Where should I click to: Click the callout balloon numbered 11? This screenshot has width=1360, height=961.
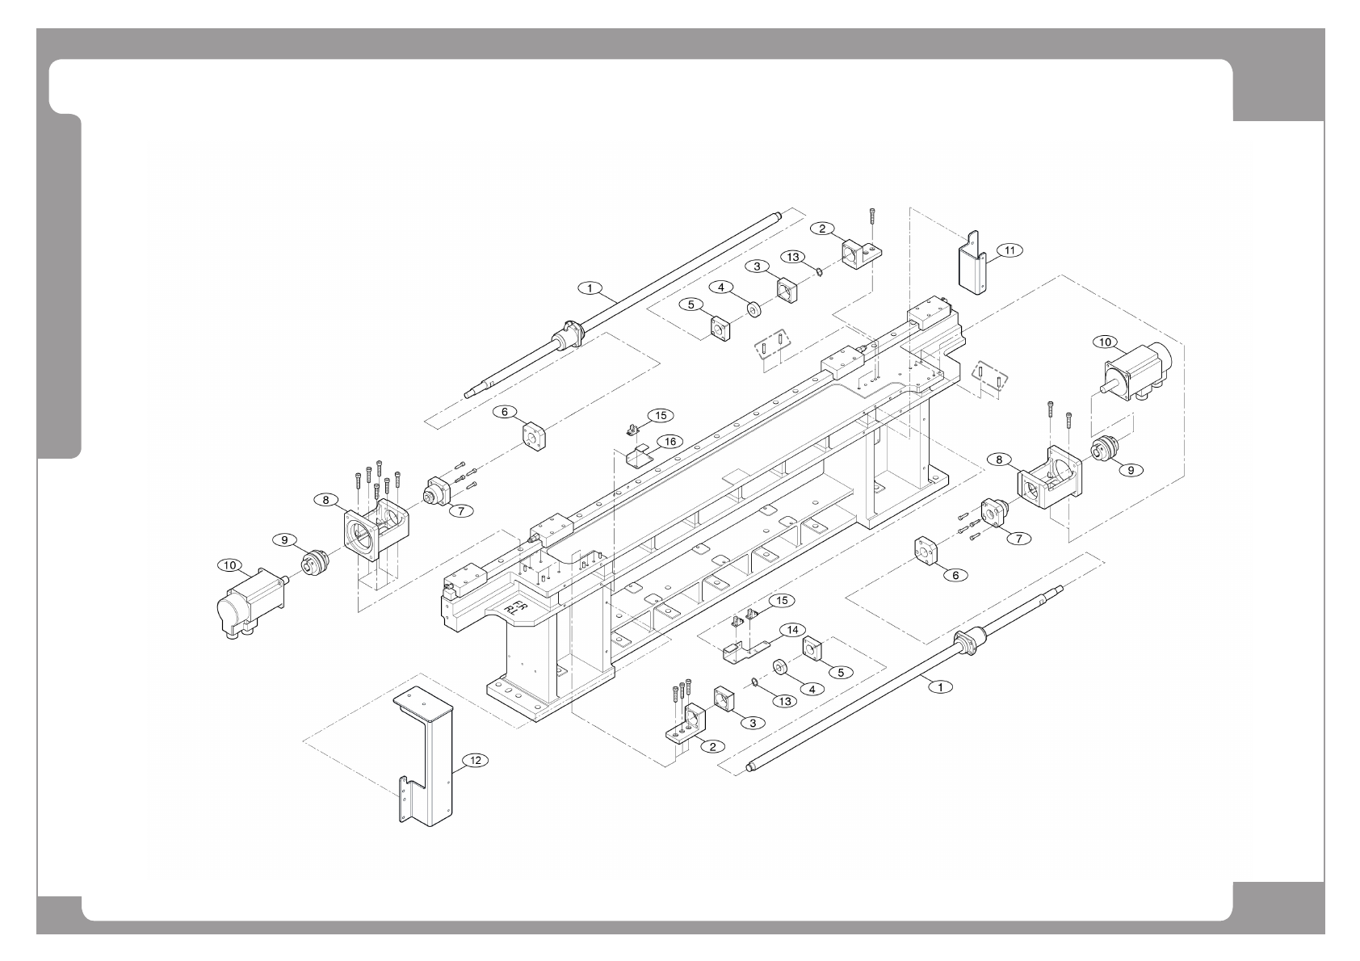[1010, 250]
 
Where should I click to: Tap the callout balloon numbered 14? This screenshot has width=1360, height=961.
[792, 629]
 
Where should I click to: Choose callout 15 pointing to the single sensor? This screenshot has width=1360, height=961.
[661, 415]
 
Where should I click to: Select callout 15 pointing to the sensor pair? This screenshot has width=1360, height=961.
[781, 600]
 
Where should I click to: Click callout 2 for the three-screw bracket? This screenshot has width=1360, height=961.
[711, 746]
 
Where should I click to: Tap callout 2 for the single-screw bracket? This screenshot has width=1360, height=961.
[822, 229]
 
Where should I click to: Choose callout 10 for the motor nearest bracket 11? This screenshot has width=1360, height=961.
[1105, 342]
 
